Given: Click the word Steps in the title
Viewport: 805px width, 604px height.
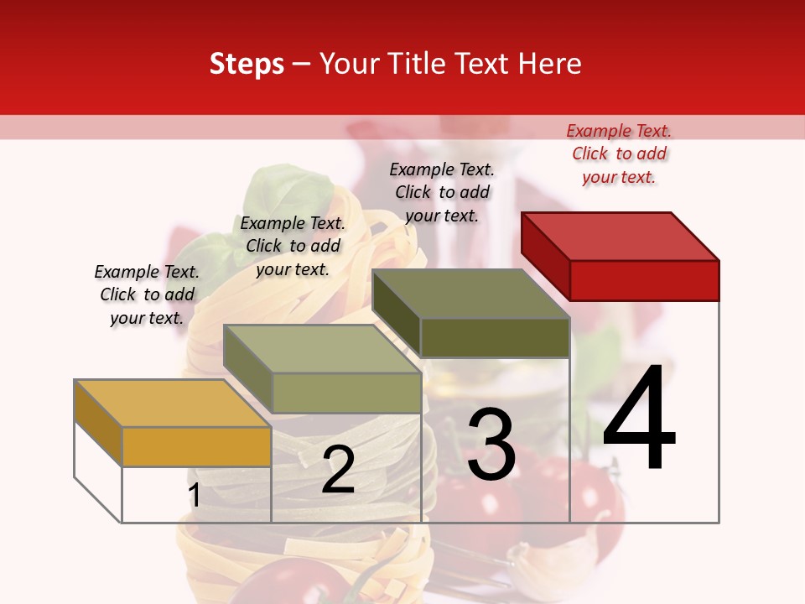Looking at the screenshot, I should coord(247,64).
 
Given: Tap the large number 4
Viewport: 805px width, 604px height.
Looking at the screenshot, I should coord(639,419).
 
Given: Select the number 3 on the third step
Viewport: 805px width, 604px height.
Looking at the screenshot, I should coord(491,445).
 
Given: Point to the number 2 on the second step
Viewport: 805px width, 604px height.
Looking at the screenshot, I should coord(338,470).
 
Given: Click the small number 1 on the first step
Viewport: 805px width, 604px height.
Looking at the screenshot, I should coord(194,496).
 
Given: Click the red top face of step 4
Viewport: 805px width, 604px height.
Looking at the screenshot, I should coord(621,236).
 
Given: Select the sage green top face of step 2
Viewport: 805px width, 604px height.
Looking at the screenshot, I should coord(322,349).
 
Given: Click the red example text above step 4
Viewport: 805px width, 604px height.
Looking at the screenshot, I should coord(619,154).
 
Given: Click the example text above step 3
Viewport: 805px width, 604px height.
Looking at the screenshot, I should coord(442,192).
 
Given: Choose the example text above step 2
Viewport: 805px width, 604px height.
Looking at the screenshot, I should coord(293,246).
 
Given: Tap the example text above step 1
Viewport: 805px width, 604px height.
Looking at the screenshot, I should coord(147,294).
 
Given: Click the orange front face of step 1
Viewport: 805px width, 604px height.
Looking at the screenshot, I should coord(196,446).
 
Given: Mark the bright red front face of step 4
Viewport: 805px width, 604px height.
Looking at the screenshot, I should coord(644,280).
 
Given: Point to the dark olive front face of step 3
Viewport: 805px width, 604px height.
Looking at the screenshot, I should coord(495,337).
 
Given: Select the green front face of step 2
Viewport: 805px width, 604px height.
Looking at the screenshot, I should coord(346,393).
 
